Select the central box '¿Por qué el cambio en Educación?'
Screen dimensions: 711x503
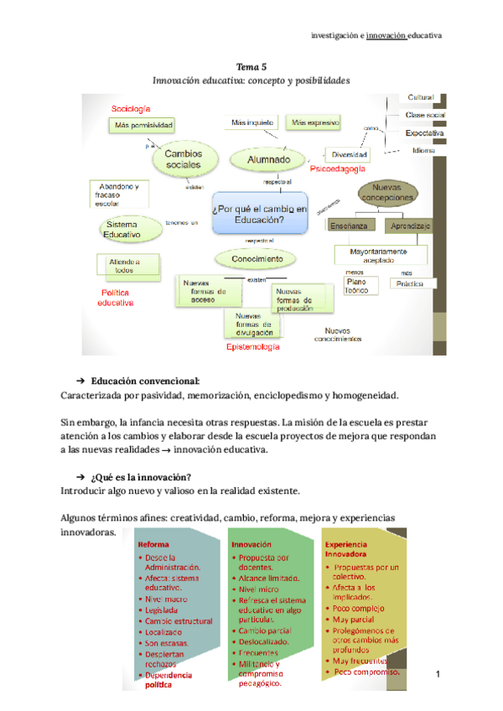[x=261, y=214]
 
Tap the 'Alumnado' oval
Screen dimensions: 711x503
[x=269, y=159]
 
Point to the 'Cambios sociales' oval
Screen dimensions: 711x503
[x=183, y=158]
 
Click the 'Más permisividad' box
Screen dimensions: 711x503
[x=144, y=125]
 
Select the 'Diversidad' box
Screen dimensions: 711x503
[x=350, y=154]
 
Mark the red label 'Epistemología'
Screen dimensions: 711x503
[x=253, y=345]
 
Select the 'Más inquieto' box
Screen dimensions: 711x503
[x=252, y=122]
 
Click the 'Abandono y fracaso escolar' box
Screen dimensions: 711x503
[x=120, y=194]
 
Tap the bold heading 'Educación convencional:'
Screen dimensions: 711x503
[x=146, y=379]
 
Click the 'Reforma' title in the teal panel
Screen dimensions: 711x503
[x=153, y=543]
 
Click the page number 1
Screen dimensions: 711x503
[x=438, y=673]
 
